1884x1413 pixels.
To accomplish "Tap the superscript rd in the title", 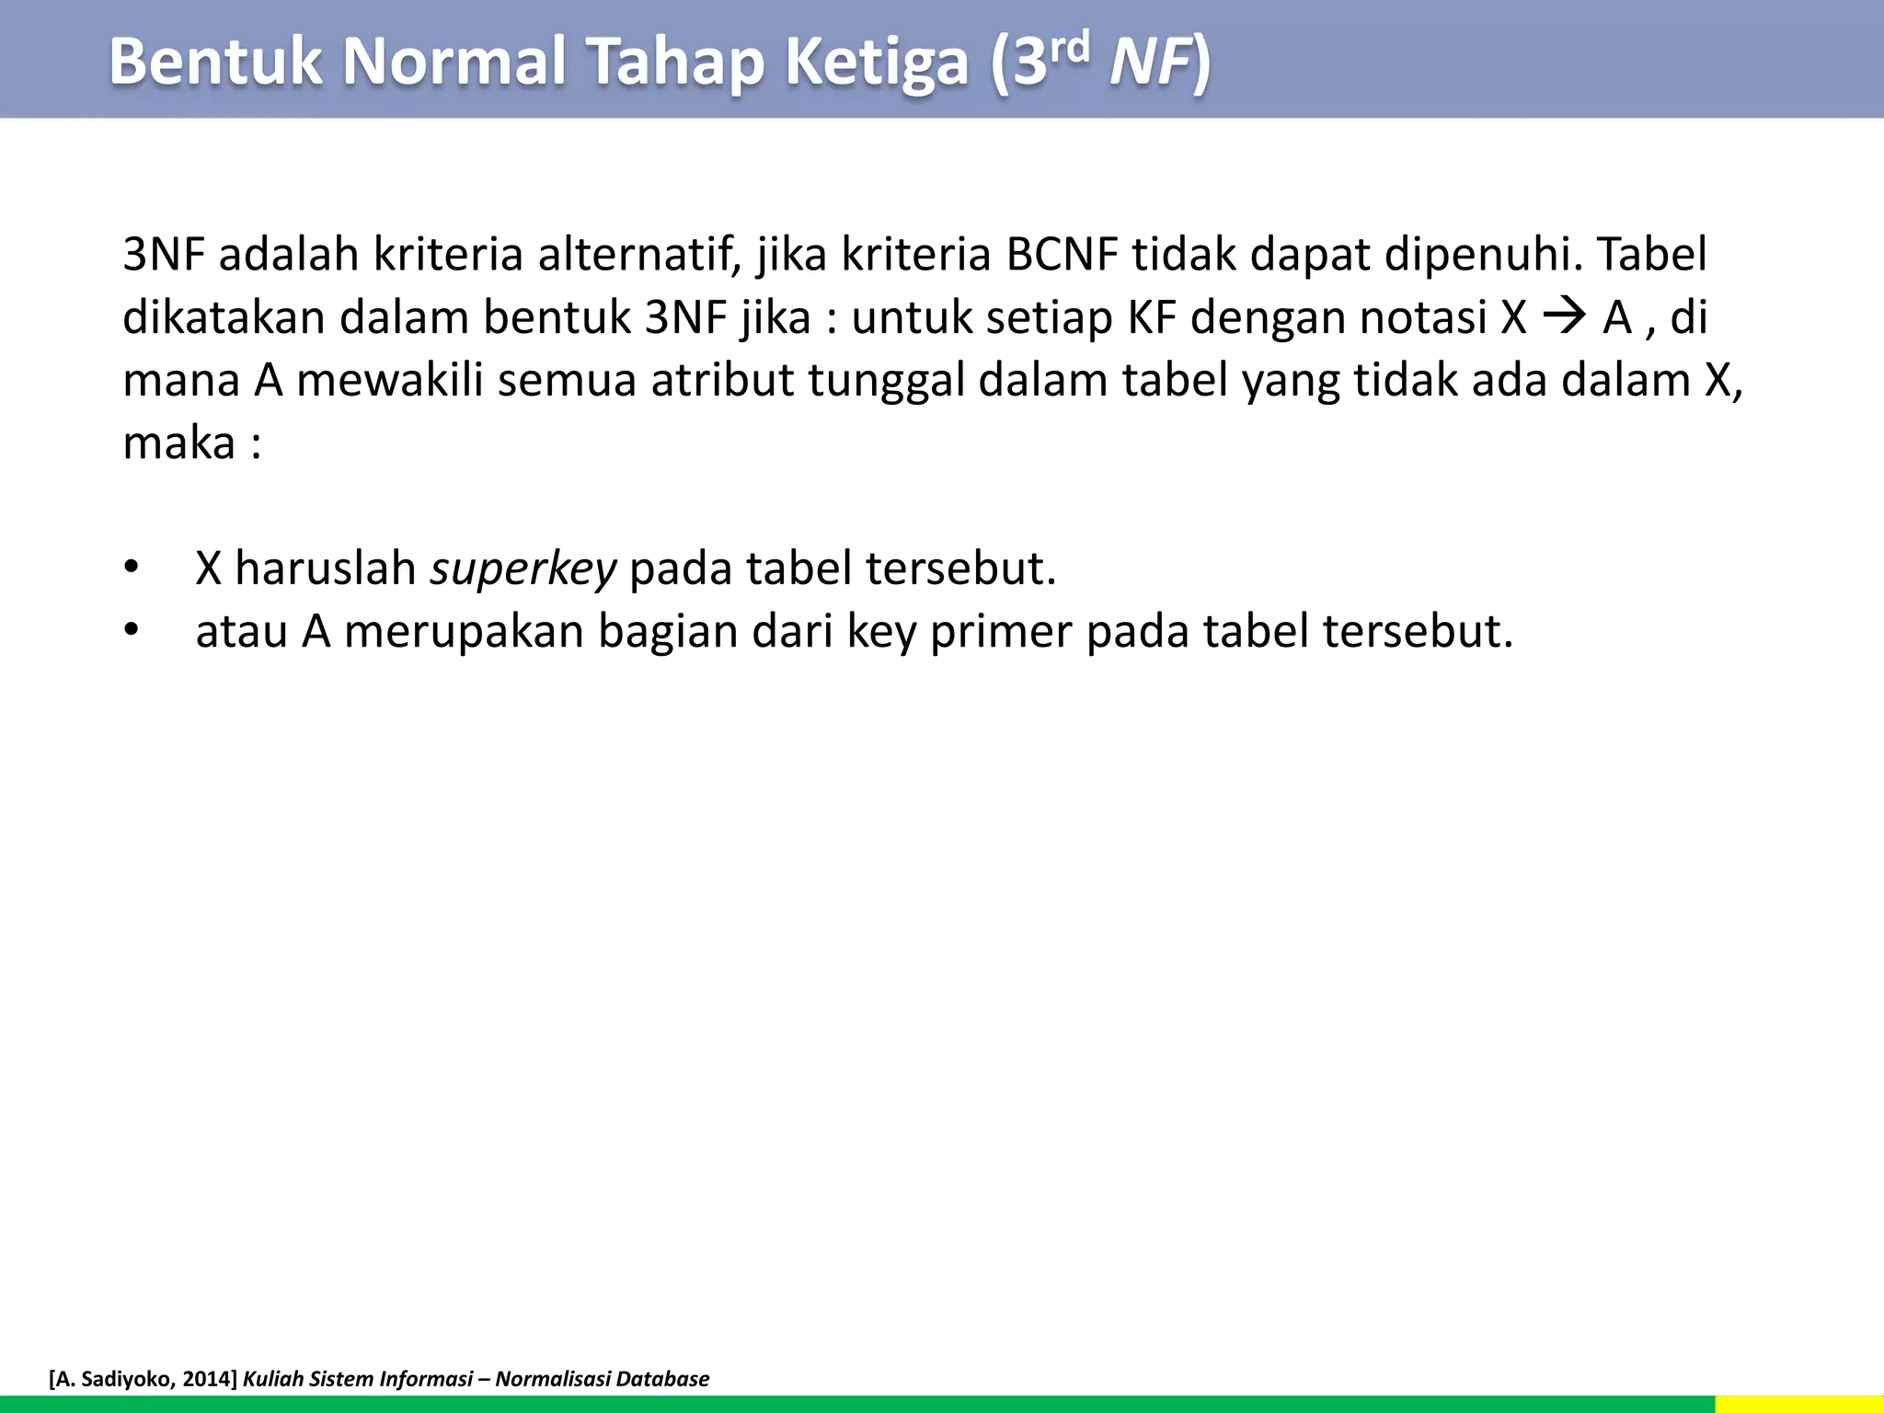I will [x=1071, y=48].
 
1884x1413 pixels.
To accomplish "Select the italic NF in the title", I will [x=1150, y=63].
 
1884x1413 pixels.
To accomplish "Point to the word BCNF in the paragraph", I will [x=1062, y=255].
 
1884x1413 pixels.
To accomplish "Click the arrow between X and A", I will [x=1564, y=317].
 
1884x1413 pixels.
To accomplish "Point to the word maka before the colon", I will [x=178, y=443].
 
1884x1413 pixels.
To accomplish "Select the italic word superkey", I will [x=523, y=569].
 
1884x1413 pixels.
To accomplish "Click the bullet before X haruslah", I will [x=132, y=569].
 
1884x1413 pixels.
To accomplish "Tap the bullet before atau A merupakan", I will [x=132, y=631].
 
